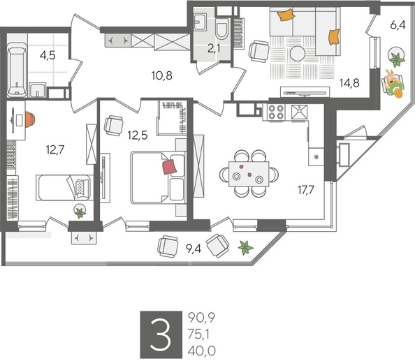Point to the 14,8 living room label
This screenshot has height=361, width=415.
[351, 81]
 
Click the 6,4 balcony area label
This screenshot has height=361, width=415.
[398, 25]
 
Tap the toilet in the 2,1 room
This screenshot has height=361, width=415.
[222, 30]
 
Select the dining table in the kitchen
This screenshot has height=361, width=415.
[248, 172]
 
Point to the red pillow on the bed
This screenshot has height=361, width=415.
[170, 165]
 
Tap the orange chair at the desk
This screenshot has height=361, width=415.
[31, 119]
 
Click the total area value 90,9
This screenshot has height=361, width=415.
[201, 318]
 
